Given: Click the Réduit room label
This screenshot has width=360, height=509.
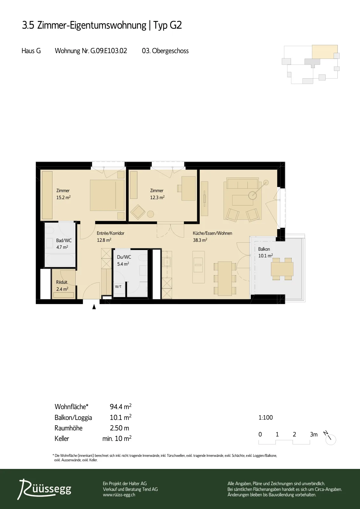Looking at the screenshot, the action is [x=62, y=282].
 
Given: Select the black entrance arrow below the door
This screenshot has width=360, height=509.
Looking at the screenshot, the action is [x=94, y=307].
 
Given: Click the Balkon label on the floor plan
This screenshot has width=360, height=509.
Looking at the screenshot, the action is [x=264, y=249].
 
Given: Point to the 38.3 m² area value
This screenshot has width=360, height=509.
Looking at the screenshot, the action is [x=200, y=240].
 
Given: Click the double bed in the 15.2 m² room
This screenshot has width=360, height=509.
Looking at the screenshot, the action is [x=107, y=195].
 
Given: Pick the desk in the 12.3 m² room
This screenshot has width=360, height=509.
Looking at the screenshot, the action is [x=189, y=188].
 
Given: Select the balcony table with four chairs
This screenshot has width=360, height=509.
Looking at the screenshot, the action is [x=282, y=269].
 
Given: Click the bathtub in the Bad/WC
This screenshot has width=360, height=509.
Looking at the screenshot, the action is [x=60, y=260].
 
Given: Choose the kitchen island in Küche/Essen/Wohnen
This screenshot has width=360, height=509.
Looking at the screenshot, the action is [x=198, y=267].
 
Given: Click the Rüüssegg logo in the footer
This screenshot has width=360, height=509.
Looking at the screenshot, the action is [x=45, y=489].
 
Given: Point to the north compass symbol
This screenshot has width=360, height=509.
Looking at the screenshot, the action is [x=330, y=439].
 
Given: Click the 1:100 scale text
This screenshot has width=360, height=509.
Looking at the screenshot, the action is [x=266, y=417].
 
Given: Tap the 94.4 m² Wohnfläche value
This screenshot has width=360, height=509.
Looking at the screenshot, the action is [x=121, y=407].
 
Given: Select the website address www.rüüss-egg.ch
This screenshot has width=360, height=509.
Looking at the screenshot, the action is [x=119, y=495].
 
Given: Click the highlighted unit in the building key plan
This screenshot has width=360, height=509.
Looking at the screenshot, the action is [x=325, y=52].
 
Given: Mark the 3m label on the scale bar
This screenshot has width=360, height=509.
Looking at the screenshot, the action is [x=314, y=435].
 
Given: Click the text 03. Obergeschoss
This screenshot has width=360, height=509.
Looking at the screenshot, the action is [x=165, y=51].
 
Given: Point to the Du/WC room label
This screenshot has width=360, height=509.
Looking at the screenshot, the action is [x=124, y=257].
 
